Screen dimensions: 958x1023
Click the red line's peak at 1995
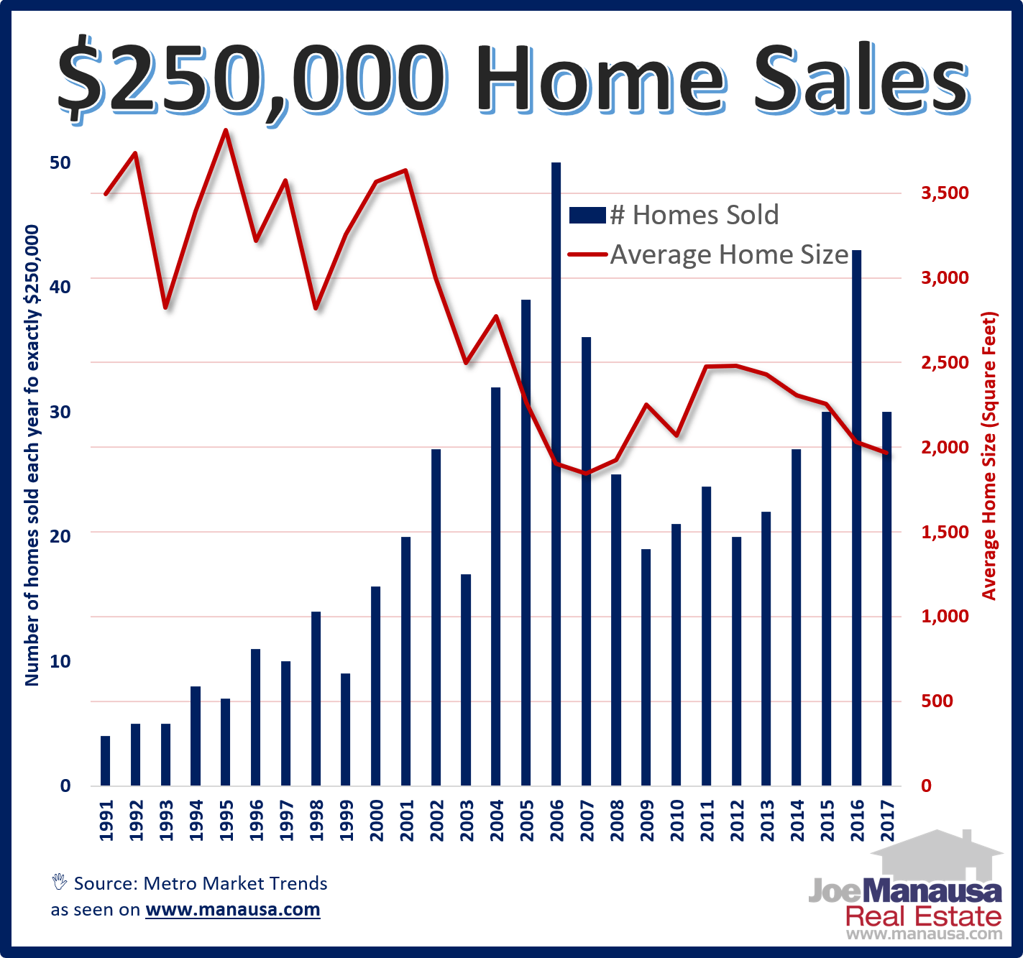pyautogui.click(x=226, y=131)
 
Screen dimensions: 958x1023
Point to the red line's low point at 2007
pyautogui.click(x=586, y=473)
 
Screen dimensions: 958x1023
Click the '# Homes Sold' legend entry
pyautogui.click(x=694, y=215)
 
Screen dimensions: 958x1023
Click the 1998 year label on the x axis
pyautogui.click(x=316, y=820)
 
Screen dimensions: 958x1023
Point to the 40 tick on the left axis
pyautogui.click(x=60, y=287)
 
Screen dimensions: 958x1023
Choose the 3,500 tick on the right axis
pyautogui.click(x=945, y=193)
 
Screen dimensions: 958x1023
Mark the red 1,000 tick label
pyautogui.click(x=945, y=616)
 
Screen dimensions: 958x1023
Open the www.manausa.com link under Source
pyautogui.click(x=232, y=909)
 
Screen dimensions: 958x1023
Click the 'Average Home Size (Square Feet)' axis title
pyautogui.click(x=990, y=456)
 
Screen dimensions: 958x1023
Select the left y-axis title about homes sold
pyautogui.click(x=32, y=456)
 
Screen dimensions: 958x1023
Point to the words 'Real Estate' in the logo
pyautogui.click(x=923, y=916)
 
